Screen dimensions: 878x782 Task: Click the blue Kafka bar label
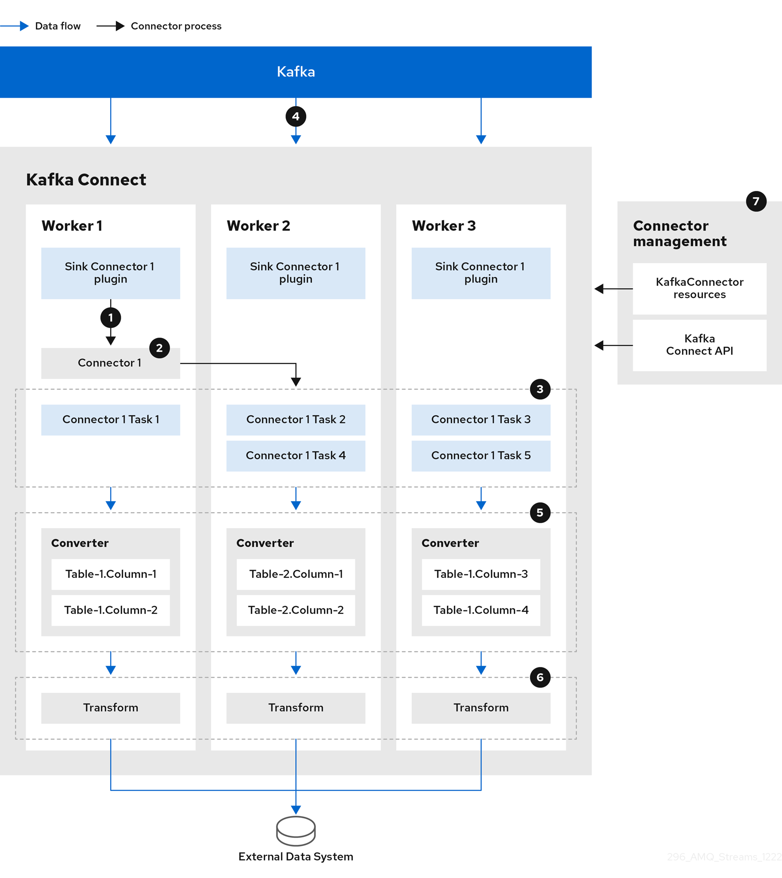(x=296, y=72)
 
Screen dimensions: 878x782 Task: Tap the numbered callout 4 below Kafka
(x=296, y=116)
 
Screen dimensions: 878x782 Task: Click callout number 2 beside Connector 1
(x=159, y=348)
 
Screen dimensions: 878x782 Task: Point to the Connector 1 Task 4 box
(x=296, y=455)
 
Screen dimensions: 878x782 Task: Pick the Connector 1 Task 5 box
(x=481, y=455)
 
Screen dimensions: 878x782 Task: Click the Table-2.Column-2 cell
(x=296, y=610)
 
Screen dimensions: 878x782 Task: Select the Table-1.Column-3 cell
(x=481, y=574)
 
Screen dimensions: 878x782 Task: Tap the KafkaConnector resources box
(x=699, y=288)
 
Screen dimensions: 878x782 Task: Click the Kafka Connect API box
(x=699, y=345)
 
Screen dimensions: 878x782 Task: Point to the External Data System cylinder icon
(x=296, y=831)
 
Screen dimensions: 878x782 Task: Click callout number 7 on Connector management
(x=756, y=201)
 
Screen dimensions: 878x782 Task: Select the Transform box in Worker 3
(x=481, y=708)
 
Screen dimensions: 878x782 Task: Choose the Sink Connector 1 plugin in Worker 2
(x=296, y=273)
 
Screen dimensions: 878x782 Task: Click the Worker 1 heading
(x=72, y=226)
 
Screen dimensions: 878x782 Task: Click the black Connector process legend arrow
(x=111, y=26)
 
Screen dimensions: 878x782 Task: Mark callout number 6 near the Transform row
(x=540, y=677)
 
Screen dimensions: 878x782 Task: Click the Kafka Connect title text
(x=86, y=180)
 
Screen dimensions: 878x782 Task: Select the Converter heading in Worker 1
(x=80, y=543)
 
